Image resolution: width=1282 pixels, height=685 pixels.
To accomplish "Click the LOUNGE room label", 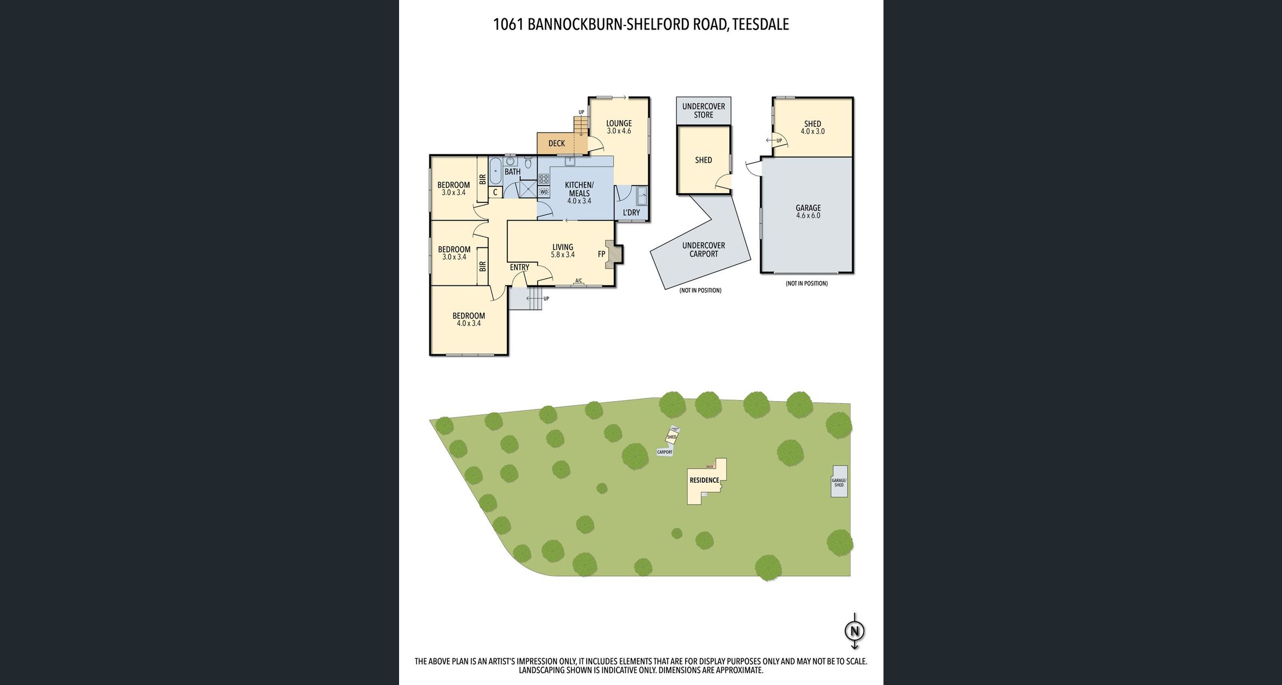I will click(619, 124).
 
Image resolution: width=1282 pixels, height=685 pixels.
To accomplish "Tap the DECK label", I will click(556, 144).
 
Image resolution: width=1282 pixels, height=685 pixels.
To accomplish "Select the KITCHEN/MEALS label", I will click(579, 189).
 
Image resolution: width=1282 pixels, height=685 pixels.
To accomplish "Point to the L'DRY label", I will click(631, 213).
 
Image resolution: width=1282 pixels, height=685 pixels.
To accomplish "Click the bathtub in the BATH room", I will click(495, 171).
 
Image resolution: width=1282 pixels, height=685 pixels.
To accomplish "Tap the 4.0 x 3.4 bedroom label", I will click(469, 319).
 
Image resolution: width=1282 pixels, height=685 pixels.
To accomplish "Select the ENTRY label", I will click(519, 267).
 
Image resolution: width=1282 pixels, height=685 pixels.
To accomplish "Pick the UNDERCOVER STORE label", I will click(704, 110).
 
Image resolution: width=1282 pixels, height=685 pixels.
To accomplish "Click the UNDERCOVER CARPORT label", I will click(704, 250).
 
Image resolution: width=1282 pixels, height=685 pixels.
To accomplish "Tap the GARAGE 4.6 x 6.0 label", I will click(808, 211).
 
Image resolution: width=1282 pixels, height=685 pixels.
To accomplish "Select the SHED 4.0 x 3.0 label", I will click(812, 127).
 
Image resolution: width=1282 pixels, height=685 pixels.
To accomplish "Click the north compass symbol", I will click(854, 631).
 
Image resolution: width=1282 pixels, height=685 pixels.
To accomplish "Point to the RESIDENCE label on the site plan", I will click(704, 480).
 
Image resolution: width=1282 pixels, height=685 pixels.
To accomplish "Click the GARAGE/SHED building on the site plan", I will click(839, 482).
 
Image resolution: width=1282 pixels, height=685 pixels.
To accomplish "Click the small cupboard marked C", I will click(495, 192).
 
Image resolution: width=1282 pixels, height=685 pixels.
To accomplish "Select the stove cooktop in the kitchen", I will click(544, 178).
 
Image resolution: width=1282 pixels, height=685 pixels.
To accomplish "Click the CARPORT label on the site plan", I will click(664, 452).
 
